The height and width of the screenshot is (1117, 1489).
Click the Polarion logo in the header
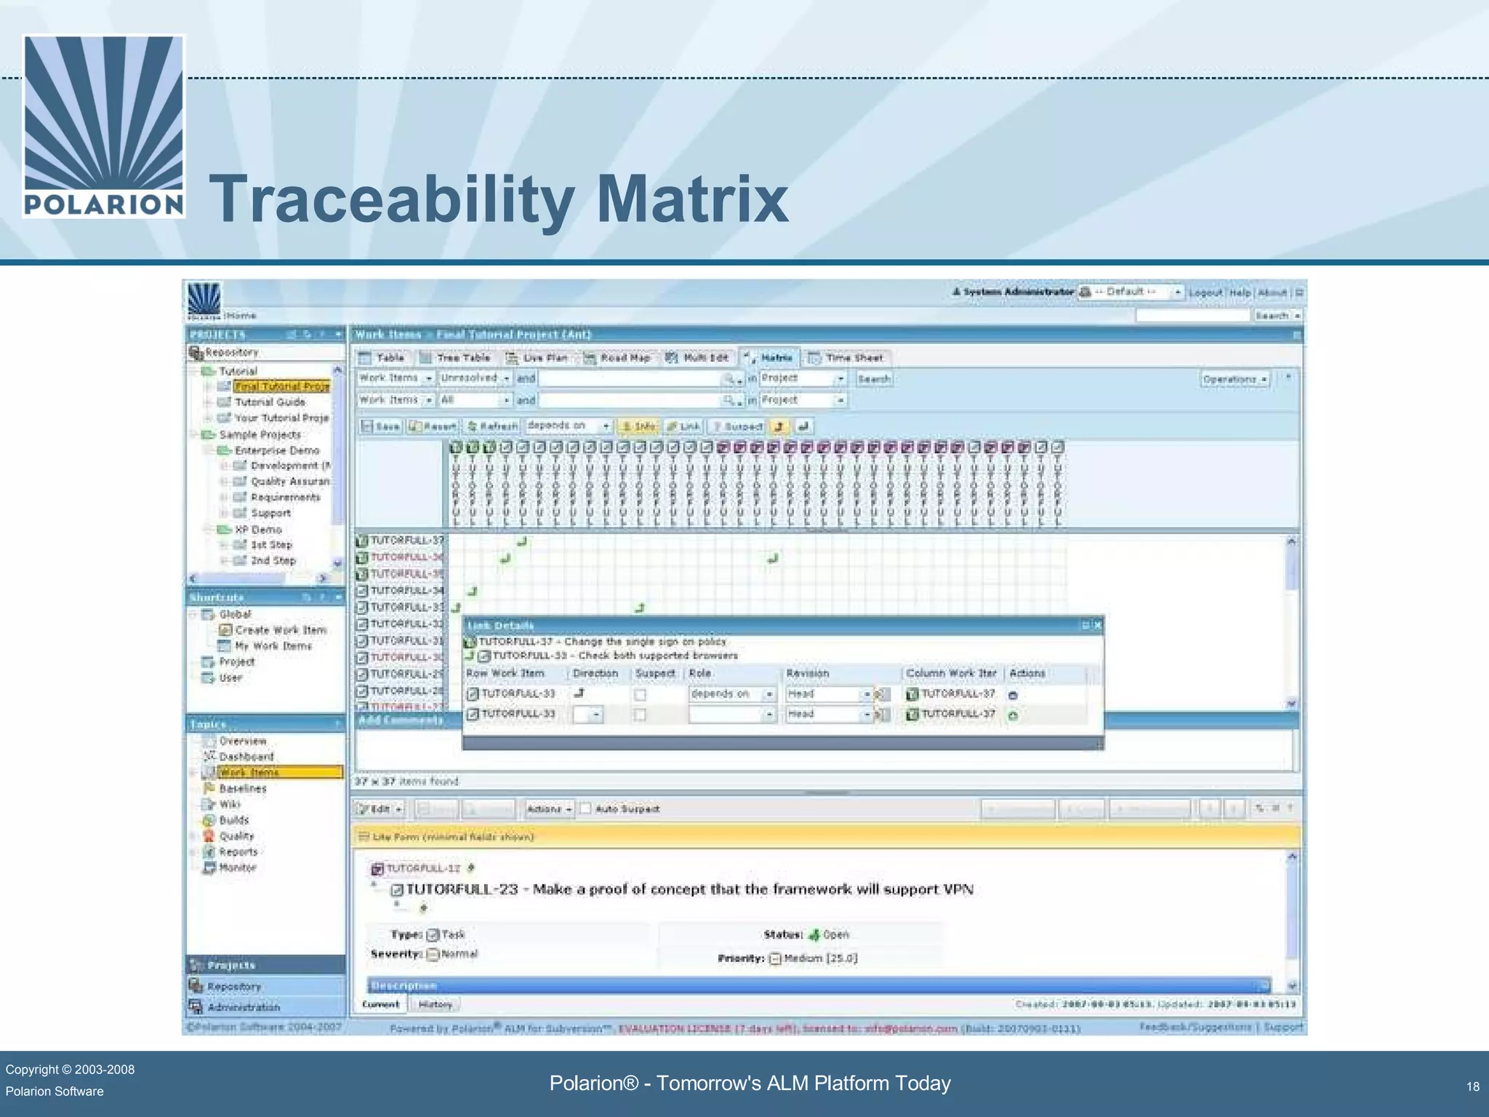pyautogui.click(x=103, y=126)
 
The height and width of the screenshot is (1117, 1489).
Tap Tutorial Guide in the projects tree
pyautogui.click(x=270, y=402)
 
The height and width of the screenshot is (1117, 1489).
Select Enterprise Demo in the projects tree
pyautogui.click(x=276, y=450)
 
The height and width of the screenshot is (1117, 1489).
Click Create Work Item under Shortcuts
pyautogui.click(x=280, y=630)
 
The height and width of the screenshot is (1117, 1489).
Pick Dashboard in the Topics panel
pyautogui.click(x=246, y=756)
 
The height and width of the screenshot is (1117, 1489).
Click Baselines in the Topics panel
pyautogui.click(x=242, y=788)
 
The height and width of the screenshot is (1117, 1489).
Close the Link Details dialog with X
pyautogui.click(x=1098, y=625)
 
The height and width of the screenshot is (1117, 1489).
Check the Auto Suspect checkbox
pyautogui.click(x=585, y=809)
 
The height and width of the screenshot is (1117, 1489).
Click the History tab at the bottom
pyautogui.click(x=435, y=1004)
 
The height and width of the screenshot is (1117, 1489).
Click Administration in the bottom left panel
pyautogui.click(x=243, y=1007)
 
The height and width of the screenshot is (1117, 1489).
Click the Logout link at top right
pyautogui.click(x=1205, y=292)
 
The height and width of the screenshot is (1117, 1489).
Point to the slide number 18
pyautogui.click(x=1472, y=1086)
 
